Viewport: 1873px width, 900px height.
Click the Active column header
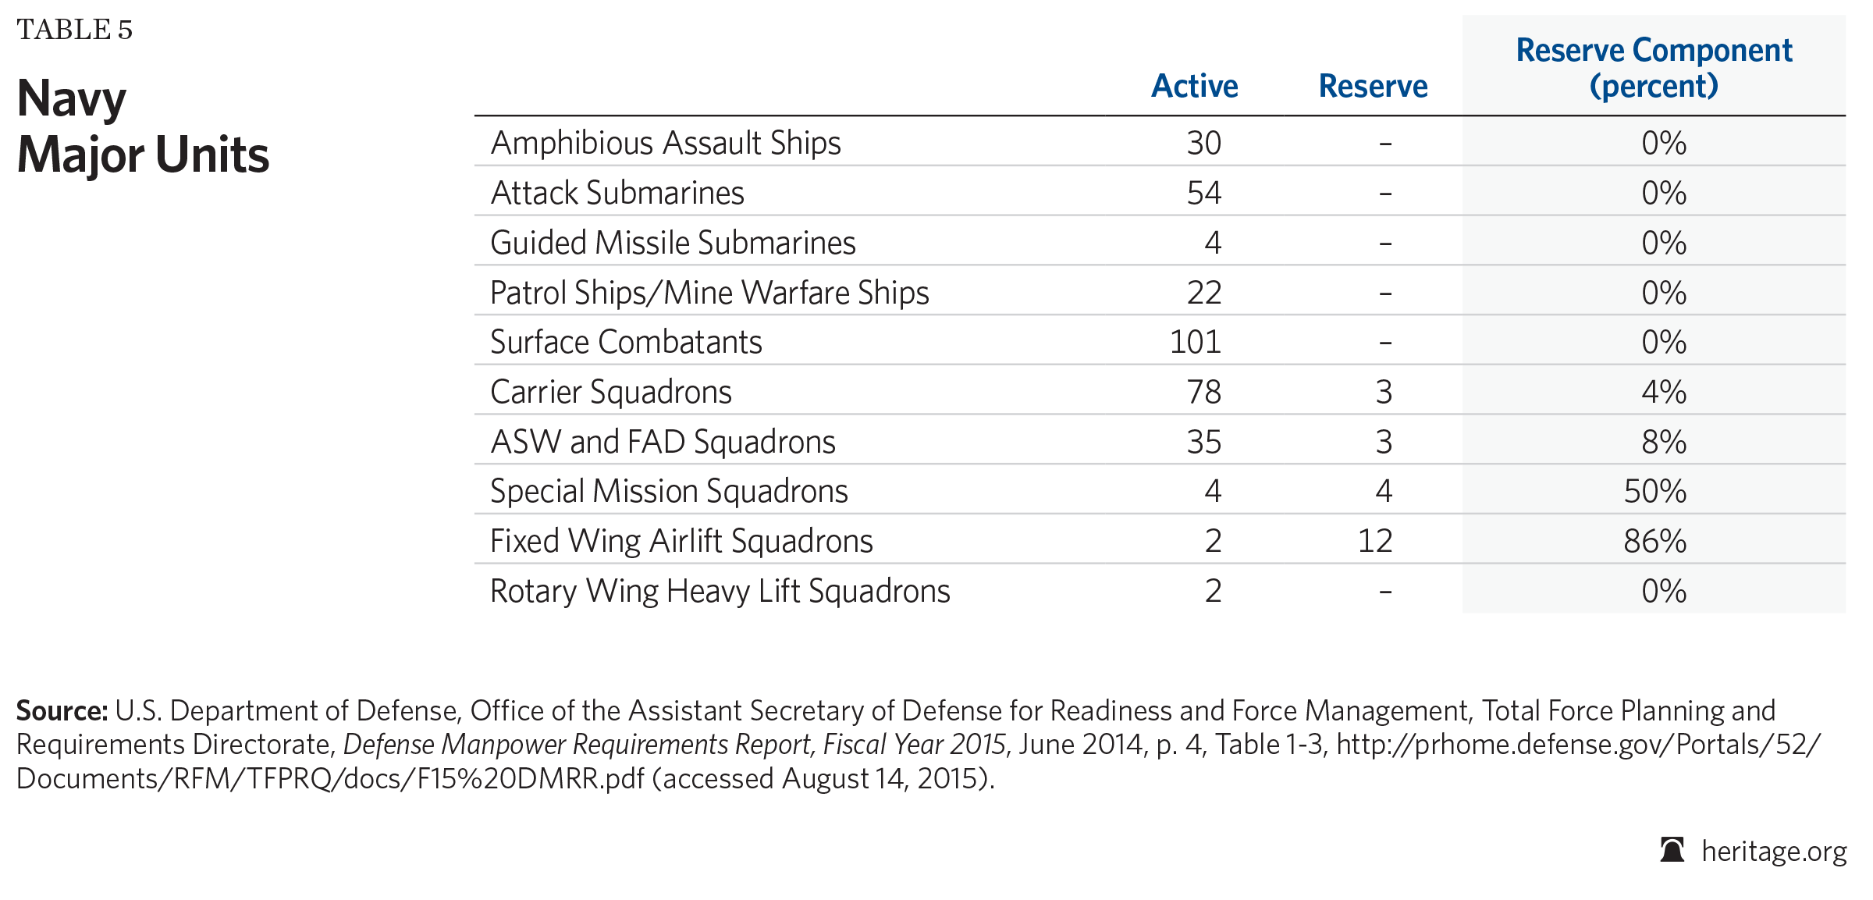point(1195,86)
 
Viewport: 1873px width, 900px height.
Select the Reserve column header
point(1373,86)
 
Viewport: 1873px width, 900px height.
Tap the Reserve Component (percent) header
point(1654,68)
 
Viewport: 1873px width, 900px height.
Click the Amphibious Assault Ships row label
point(666,144)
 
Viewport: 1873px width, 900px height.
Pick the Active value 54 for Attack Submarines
point(1204,193)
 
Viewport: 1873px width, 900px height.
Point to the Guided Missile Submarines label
point(673,243)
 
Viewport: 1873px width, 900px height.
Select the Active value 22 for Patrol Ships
point(1204,293)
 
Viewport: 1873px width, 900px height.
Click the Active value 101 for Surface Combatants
point(1196,342)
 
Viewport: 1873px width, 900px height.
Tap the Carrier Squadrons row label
point(611,392)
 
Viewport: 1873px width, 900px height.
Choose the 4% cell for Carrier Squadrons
point(1664,392)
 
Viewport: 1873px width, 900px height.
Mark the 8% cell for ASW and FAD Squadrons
point(1664,442)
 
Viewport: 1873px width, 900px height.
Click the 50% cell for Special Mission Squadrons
point(1655,491)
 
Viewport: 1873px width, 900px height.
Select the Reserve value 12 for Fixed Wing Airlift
point(1375,541)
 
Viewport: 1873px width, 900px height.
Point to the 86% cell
point(1655,541)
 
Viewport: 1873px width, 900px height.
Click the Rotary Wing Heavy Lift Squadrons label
point(720,591)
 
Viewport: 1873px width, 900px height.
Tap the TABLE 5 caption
point(75,30)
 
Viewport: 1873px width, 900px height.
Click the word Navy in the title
point(72,100)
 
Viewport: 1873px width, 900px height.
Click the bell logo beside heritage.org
point(1672,849)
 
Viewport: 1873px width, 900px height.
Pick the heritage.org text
point(1774,851)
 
